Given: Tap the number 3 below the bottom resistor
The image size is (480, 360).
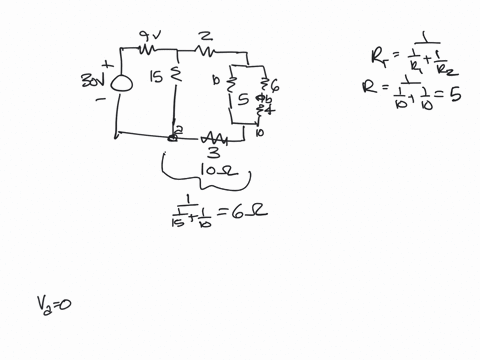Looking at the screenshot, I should pos(212,153).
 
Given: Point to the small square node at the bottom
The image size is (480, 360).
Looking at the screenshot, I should pos(173,137).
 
